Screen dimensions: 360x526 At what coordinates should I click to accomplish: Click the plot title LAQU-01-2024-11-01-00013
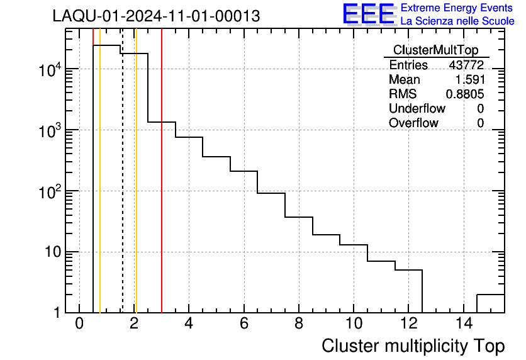pos(156,16)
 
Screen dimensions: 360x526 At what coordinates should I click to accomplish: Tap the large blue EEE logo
pos(369,14)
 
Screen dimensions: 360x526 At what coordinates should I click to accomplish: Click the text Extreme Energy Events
pos(457,8)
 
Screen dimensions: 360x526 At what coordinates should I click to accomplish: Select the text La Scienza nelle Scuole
pos(457,21)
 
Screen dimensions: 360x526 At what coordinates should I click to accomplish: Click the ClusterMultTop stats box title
pos(435,50)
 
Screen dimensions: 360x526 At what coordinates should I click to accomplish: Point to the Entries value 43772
pos(466,65)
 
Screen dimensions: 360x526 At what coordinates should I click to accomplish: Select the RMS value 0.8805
pos(465,94)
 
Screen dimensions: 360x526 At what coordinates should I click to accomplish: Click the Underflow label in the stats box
pos(417,109)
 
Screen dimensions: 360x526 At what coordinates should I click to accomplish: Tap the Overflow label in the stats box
pos(413,123)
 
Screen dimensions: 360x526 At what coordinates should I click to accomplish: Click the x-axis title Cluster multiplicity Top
pos(413,346)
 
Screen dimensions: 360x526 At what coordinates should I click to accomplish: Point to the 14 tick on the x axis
pos(462,323)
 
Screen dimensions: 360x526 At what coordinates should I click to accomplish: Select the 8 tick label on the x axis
pos(299,323)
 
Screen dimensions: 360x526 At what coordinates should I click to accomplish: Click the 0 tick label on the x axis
pos(79,323)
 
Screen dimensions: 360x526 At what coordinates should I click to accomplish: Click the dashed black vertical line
pos(122,189)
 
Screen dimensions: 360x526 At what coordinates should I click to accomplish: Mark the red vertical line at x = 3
pos(162,189)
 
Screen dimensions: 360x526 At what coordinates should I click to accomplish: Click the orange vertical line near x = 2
pos(136,189)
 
